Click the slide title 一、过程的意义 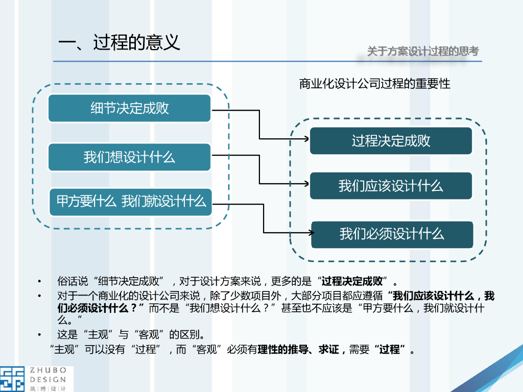[x=119, y=43]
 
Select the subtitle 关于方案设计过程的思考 [x=423, y=51]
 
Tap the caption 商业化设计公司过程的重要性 [x=375, y=84]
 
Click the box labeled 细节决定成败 [x=129, y=108]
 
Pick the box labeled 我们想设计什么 [x=129, y=157]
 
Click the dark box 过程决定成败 [x=391, y=141]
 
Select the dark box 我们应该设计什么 [x=391, y=186]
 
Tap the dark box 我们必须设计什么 [x=392, y=234]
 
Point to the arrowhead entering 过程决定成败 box [x=305, y=139]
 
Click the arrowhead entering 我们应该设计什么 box [x=305, y=184]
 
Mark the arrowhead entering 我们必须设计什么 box [x=310, y=232]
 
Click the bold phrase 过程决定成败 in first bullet [x=352, y=281]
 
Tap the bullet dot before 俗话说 [x=39, y=282]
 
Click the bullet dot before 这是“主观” [x=39, y=335]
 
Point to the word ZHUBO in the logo [x=48, y=371]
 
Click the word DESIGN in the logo [x=48, y=379]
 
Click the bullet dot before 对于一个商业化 [x=39, y=296]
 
